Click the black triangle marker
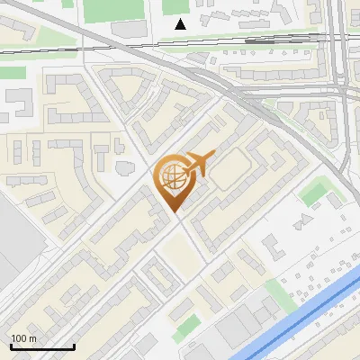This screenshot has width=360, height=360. [x=181, y=23]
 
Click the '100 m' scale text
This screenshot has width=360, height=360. [x=24, y=338]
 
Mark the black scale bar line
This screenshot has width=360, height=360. [x=41, y=346]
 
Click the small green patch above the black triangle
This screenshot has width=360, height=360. [x=174, y=6]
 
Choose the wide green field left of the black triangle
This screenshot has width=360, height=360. [x=106, y=12]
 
